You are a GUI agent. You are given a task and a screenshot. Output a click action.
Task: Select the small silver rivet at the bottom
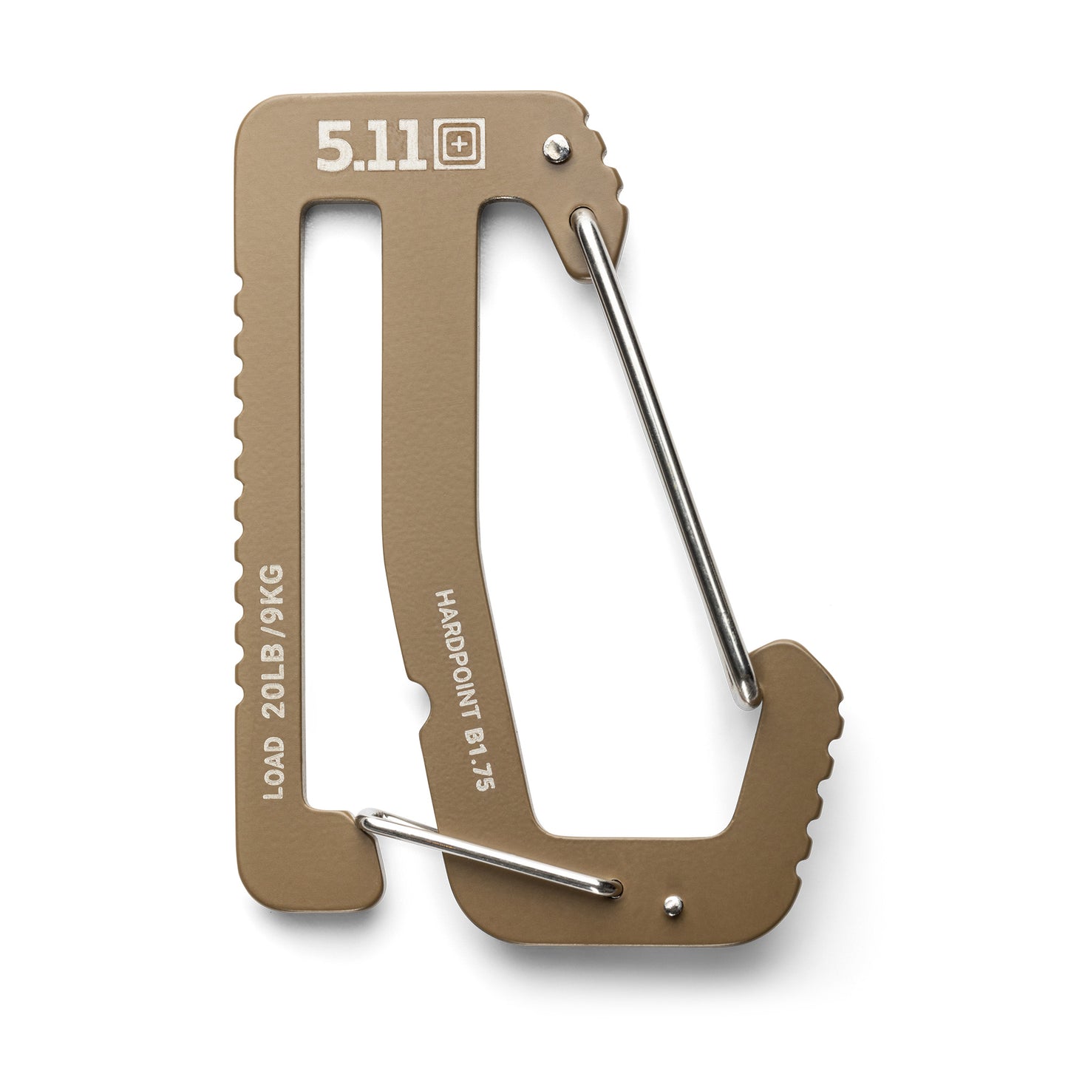tap(672, 902)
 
